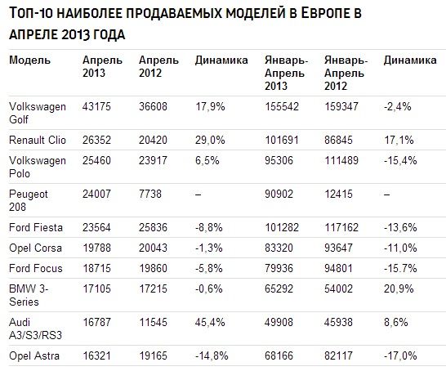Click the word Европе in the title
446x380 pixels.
click(x=320, y=13)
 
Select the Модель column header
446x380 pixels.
click(x=29, y=60)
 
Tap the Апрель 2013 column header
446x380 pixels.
click(x=102, y=67)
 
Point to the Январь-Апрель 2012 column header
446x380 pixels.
click(x=346, y=74)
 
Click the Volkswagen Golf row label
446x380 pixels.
click(x=38, y=113)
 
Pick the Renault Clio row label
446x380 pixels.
click(x=38, y=140)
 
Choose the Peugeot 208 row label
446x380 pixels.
click(x=28, y=200)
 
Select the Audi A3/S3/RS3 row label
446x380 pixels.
click(x=35, y=329)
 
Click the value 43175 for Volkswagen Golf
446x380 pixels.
click(x=96, y=107)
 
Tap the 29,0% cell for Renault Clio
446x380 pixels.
click(x=210, y=140)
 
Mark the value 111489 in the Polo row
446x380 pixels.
click(x=341, y=160)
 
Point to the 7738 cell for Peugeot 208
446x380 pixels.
click(x=150, y=194)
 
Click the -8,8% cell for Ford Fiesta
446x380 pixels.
click(x=209, y=228)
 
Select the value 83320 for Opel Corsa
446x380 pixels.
click(x=279, y=248)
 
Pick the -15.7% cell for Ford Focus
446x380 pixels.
click(x=400, y=268)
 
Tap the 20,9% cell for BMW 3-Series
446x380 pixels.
click(x=399, y=289)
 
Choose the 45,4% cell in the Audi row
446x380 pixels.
click(x=210, y=323)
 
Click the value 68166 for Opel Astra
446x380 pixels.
click(x=279, y=355)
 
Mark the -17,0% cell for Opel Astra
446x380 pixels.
click(x=400, y=355)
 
